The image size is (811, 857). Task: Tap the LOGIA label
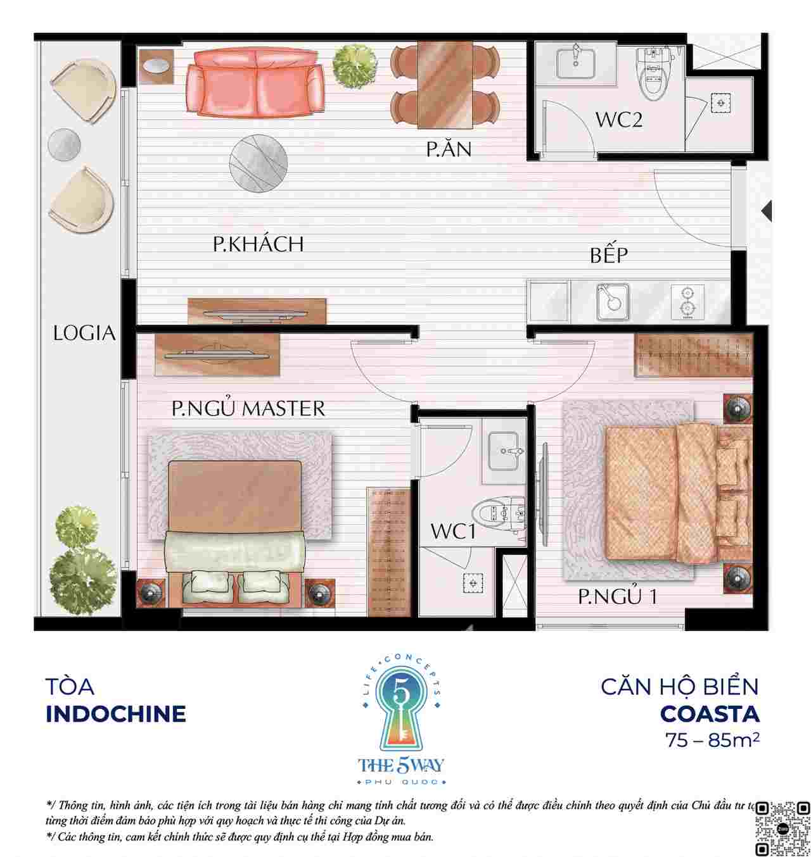pos(84,334)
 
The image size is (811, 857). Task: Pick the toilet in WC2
pos(654,74)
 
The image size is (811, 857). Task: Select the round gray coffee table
pos(259,163)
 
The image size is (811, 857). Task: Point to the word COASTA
pos(709,714)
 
